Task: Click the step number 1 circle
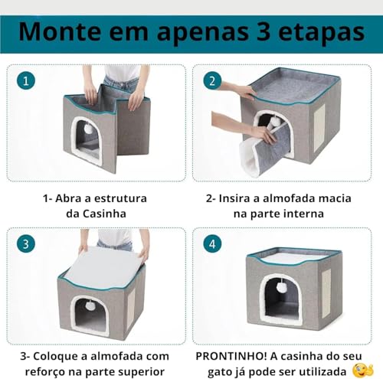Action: [x=28, y=80]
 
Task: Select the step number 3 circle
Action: [x=28, y=244]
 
